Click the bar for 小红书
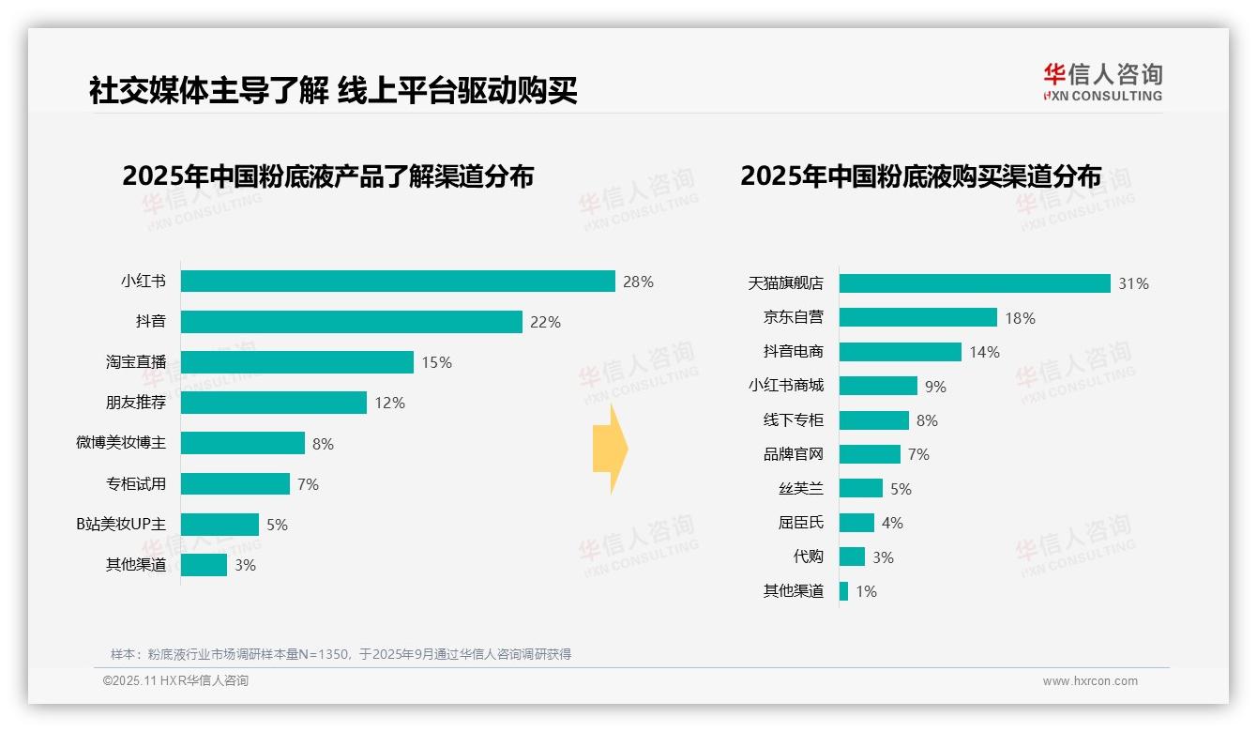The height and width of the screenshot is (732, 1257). click(398, 282)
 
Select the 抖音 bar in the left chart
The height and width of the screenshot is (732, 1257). click(351, 322)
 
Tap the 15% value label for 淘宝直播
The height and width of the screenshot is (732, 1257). click(436, 362)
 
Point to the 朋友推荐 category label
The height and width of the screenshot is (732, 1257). click(136, 403)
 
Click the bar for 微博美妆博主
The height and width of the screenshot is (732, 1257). click(242, 443)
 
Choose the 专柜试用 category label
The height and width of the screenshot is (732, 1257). click(136, 483)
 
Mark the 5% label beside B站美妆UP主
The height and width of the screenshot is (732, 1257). click(277, 525)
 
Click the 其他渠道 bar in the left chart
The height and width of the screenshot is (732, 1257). click(204, 565)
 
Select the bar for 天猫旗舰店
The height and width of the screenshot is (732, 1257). click(975, 283)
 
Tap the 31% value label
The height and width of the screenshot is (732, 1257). click(1133, 283)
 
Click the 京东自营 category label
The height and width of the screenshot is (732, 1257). click(794, 317)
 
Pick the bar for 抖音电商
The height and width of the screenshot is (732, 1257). click(901, 352)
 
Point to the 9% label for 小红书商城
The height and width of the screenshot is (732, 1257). click(935, 387)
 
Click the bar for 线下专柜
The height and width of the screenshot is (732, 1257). click(874, 420)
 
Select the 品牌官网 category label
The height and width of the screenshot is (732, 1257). click(794, 454)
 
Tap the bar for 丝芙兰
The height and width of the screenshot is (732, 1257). click(861, 488)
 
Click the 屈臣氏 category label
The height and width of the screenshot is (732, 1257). click(801, 523)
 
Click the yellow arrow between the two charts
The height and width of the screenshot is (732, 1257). click(610, 450)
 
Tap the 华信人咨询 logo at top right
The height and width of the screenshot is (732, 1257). click(1102, 82)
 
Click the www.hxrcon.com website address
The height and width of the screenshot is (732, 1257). click(1090, 681)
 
